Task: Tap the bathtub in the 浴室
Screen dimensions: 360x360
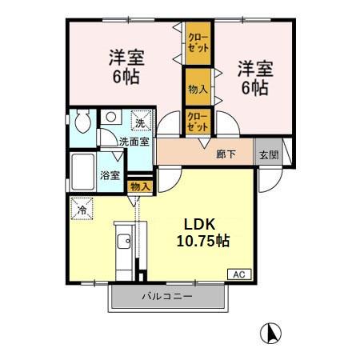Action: click(x=82, y=170)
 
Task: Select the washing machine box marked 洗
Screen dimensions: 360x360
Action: click(x=139, y=122)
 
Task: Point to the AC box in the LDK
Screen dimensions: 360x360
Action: click(x=238, y=274)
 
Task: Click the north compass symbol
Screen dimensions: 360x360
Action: click(x=272, y=332)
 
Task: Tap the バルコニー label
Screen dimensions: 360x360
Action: click(x=168, y=298)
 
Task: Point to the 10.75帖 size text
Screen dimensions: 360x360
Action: click(x=203, y=240)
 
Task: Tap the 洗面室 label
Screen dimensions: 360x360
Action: click(x=134, y=142)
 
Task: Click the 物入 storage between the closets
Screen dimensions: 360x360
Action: click(x=198, y=89)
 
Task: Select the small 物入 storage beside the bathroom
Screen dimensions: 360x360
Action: click(x=139, y=186)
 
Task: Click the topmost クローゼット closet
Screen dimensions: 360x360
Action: click(x=198, y=42)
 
